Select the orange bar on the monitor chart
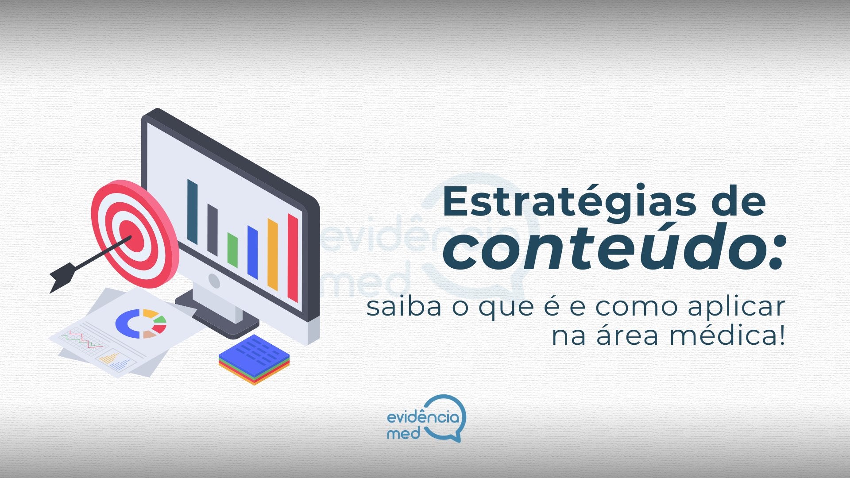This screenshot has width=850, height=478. pyautogui.click(x=273, y=254)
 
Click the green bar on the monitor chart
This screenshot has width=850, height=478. pyautogui.click(x=232, y=250)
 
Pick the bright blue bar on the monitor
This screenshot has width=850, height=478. pyautogui.click(x=252, y=252)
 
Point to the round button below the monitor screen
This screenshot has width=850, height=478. pyautogui.click(x=214, y=281)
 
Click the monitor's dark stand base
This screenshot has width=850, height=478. pyautogui.click(x=217, y=316)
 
